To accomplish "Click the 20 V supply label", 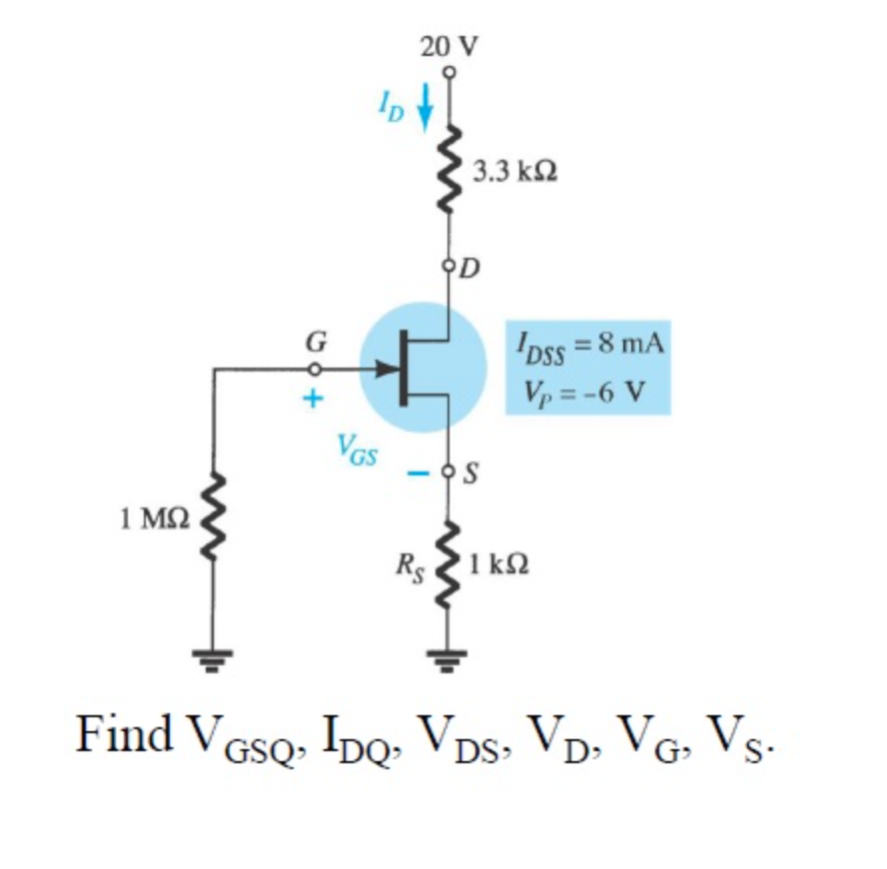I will point(448,46).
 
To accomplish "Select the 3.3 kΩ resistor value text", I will point(515,172).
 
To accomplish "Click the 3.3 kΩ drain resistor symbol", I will point(449,171).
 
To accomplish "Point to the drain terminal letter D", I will point(469,268).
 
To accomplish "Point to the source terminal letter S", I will point(471,471).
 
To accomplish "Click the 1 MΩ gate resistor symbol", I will point(212,519).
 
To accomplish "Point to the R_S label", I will point(409,572).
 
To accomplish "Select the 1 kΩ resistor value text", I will point(499,565).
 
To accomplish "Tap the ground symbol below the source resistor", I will point(449,660).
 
